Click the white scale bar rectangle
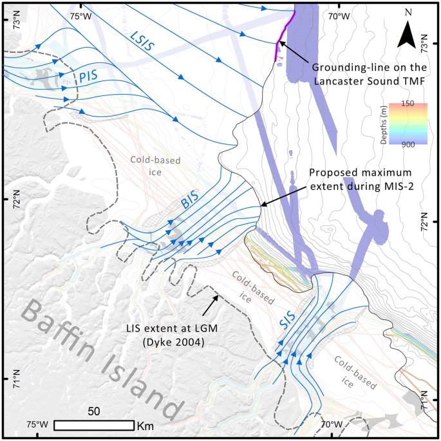pos(93,426)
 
